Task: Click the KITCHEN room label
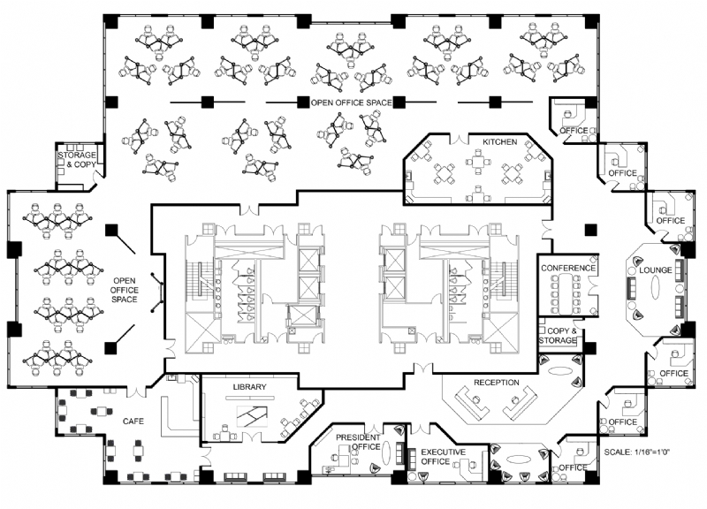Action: pyautogui.click(x=499, y=141)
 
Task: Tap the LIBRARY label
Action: pyautogui.click(x=249, y=388)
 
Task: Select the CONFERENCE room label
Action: pyautogui.click(x=568, y=268)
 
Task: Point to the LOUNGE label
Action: pyautogui.click(x=656, y=270)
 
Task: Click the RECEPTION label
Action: pyautogui.click(x=496, y=383)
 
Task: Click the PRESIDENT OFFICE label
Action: pyautogui.click(x=358, y=442)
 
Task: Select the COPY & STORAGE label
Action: pyautogui.click(x=558, y=335)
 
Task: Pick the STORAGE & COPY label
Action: pyautogui.click(x=78, y=160)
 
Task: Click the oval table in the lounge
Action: pyautogui.click(x=656, y=290)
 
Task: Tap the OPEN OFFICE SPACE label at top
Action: pyautogui.click(x=350, y=103)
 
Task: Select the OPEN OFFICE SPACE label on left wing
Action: pyautogui.click(x=125, y=290)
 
